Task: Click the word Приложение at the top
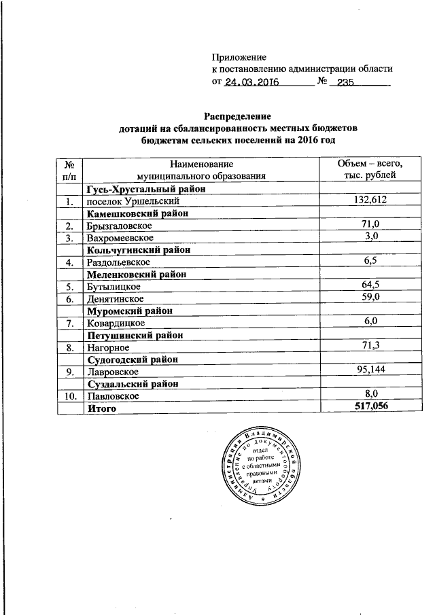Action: coord(240,57)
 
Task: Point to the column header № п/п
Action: coord(69,170)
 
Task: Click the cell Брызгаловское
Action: coord(119,226)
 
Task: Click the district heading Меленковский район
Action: coord(136,275)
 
